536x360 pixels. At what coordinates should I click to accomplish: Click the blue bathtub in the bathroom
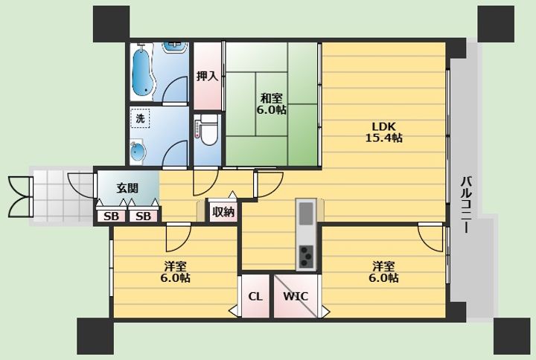click(143, 72)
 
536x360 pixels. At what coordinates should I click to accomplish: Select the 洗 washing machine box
click(140, 118)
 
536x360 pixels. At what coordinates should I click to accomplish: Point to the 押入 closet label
click(207, 76)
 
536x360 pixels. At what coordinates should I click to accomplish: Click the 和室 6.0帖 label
click(272, 104)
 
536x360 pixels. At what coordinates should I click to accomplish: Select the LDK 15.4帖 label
click(384, 132)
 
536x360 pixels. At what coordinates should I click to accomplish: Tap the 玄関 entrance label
click(127, 188)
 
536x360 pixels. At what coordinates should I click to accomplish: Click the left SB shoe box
click(111, 216)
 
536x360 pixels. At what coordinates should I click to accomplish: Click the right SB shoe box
click(143, 216)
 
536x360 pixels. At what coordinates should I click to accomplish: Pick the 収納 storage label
click(223, 212)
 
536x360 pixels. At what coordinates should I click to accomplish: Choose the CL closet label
click(255, 297)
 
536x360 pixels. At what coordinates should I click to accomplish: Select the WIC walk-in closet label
click(296, 296)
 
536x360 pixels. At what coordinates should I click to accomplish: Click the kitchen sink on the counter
click(306, 213)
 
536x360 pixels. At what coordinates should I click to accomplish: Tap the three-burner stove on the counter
click(306, 257)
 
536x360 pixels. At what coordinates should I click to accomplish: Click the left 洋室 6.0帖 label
click(175, 272)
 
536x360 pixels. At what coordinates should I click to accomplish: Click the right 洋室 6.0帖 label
click(383, 272)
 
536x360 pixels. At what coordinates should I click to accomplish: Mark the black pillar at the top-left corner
click(111, 24)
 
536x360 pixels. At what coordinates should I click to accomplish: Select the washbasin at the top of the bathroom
click(175, 47)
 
